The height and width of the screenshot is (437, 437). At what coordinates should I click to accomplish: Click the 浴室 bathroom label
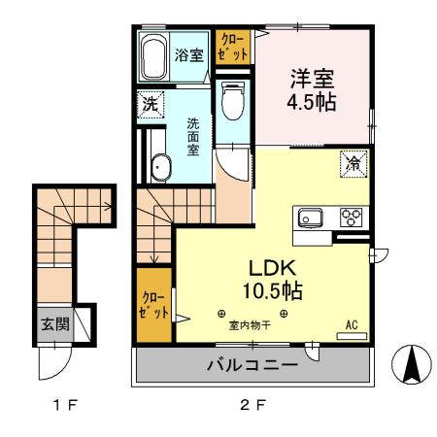(x=188, y=55)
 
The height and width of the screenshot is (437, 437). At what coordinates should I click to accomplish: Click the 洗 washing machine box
(x=151, y=103)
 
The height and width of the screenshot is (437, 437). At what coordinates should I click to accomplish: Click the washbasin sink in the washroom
(x=159, y=167)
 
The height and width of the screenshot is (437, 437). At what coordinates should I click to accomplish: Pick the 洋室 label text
(x=311, y=74)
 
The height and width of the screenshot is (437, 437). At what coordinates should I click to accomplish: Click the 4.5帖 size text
(x=311, y=100)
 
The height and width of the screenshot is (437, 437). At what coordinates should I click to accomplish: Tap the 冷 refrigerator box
(x=353, y=163)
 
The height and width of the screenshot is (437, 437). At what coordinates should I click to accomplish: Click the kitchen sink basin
(x=312, y=217)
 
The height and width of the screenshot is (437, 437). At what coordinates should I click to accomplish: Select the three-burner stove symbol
(x=352, y=217)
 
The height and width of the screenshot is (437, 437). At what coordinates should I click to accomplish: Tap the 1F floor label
(x=64, y=405)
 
